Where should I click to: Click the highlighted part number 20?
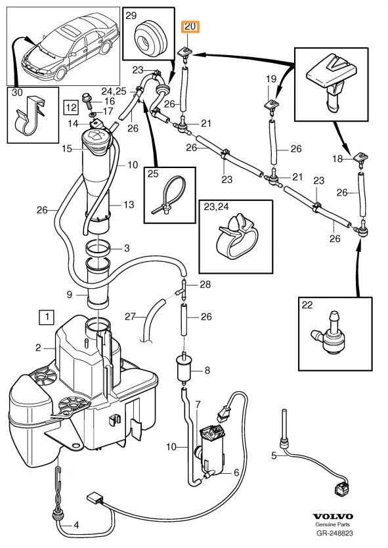(x=190, y=26)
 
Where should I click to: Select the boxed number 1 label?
(x=47, y=317)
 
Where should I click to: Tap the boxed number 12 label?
(x=71, y=107)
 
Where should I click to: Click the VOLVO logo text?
(x=332, y=516)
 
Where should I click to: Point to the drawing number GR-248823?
(x=335, y=533)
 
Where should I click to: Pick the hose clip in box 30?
(x=31, y=115)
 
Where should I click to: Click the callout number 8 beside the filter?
(x=207, y=370)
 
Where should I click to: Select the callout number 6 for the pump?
(x=236, y=473)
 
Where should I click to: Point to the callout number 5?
(x=274, y=455)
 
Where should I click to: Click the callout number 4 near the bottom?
(x=76, y=525)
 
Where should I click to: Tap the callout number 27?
(x=130, y=316)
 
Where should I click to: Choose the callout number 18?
(x=337, y=159)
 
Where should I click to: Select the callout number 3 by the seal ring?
(x=127, y=248)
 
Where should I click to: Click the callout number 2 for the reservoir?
(x=38, y=348)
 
